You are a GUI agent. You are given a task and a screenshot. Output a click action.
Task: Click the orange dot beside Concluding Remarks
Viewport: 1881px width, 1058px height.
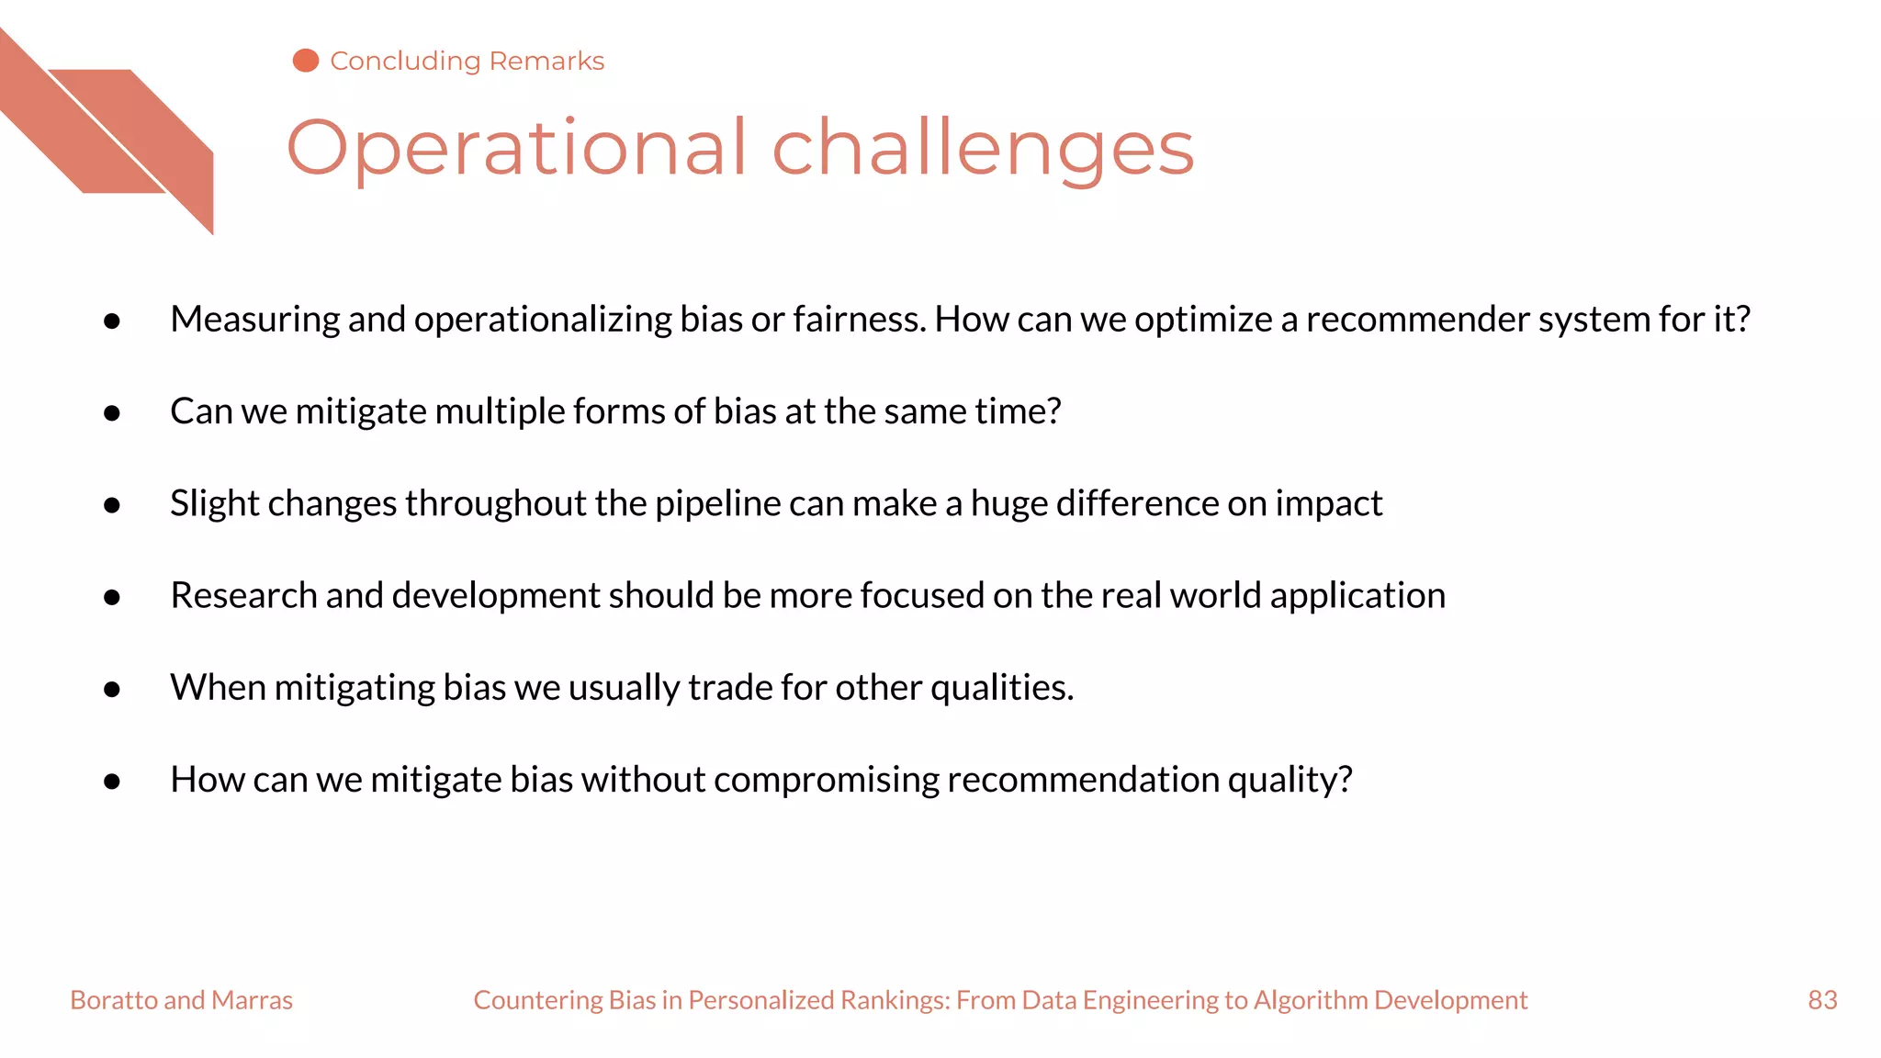coord(305,61)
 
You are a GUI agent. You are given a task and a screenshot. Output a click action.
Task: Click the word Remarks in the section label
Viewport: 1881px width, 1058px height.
coord(546,61)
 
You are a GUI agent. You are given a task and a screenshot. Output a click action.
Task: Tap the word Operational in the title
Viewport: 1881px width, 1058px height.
coord(516,149)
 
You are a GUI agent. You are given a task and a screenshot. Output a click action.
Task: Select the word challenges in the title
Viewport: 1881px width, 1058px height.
coord(983,149)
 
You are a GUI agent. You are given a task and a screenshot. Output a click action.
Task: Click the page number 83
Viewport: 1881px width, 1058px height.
coord(1822,999)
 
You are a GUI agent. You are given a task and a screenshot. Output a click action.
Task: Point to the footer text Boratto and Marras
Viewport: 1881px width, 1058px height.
coord(181,999)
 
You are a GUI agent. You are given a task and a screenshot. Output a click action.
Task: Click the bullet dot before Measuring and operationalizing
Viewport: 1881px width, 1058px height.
coord(112,321)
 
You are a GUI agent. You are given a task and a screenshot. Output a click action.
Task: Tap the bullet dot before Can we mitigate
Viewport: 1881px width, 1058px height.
coord(112,413)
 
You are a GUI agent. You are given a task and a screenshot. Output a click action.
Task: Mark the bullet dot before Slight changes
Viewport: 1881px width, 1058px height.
coord(112,505)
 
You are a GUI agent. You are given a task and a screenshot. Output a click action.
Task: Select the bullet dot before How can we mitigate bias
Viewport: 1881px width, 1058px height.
coord(112,782)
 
